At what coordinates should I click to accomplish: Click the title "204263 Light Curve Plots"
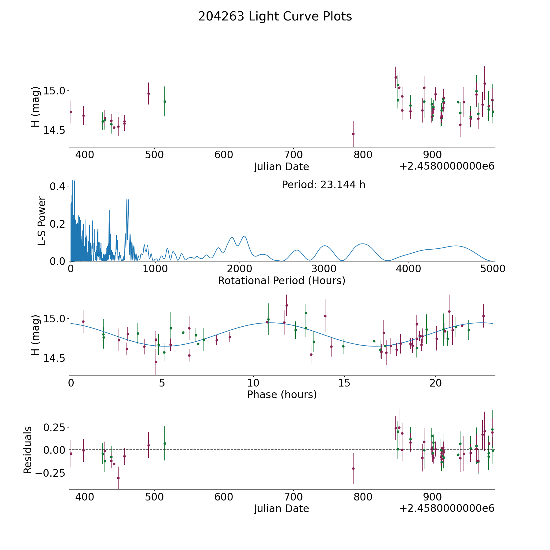coord(275,16)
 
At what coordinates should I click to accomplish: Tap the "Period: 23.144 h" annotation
coord(323,185)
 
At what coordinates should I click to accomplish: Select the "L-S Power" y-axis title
coord(42,221)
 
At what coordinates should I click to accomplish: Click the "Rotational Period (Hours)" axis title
coord(281,280)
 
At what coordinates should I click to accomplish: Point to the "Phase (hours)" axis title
coord(282,394)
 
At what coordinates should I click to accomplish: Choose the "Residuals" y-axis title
coord(28,450)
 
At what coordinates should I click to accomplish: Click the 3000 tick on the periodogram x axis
coord(324,269)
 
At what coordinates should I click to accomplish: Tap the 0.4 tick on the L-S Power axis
coord(58,186)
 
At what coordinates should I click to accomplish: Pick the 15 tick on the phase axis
coord(344,383)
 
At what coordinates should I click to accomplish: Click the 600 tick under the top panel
coord(224,155)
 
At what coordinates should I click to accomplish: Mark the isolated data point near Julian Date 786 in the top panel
coord(353,134)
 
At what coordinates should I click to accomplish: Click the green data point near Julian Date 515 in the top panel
coord(165,101)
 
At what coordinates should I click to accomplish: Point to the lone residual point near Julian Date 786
coord(353,468)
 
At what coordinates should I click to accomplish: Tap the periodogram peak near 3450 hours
coord(362,244)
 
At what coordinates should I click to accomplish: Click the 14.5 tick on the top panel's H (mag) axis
coord(54,130)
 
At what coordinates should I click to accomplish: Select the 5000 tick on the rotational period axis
coord(493,269)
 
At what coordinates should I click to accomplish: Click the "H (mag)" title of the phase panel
coord(36,335)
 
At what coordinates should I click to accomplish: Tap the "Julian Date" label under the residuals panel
coord(281,508)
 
